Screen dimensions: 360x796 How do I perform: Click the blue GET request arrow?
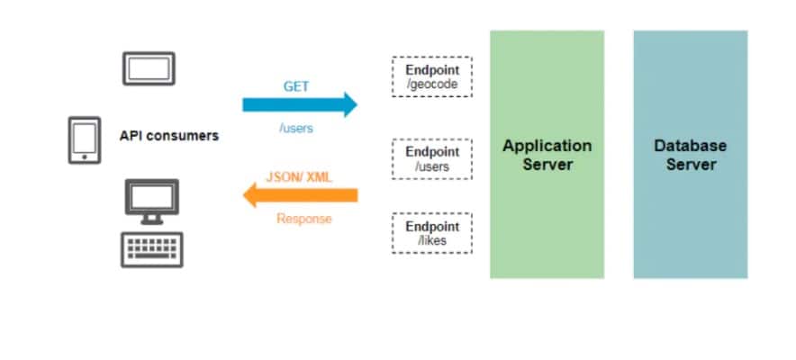click(x=297, y=104)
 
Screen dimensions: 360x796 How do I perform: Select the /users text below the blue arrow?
click(x=296, y=129)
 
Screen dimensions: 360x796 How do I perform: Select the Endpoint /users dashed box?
click(x=431, y=159)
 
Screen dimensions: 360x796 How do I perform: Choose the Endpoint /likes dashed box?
click(x=431, y=232)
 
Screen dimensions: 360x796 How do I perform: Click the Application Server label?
click(x=547, y=155)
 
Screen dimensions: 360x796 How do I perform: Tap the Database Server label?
click(x=690, y=155)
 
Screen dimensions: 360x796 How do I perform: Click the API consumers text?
click(x=169, y=136)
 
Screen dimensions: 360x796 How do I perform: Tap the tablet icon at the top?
click(x=148, y=68)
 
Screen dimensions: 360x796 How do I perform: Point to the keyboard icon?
click(x=151, y=249)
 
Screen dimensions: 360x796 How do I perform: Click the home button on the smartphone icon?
click(x=84, y=158)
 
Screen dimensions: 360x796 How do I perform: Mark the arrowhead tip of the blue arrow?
click(x=357, y=104)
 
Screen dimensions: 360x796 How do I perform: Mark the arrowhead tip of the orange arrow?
click(x=244, y=194)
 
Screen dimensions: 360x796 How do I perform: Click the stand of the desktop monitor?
click(x=151, y=218)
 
